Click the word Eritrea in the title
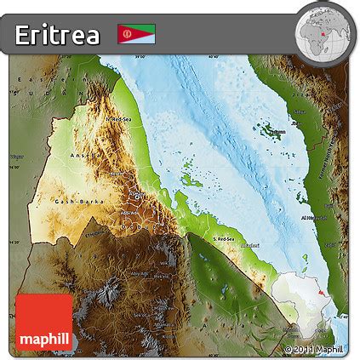click(57, 34)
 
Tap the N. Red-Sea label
click(120, 120)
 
